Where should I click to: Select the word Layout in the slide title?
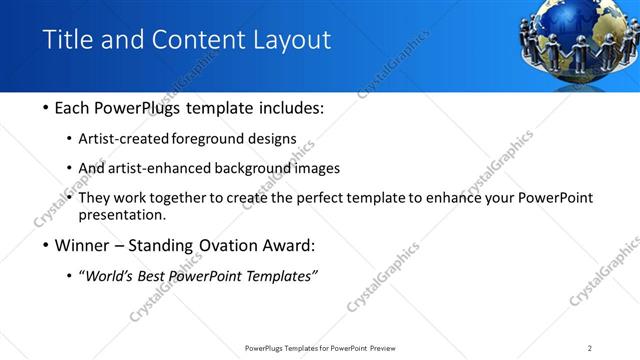290,40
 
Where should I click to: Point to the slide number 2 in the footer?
589,348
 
